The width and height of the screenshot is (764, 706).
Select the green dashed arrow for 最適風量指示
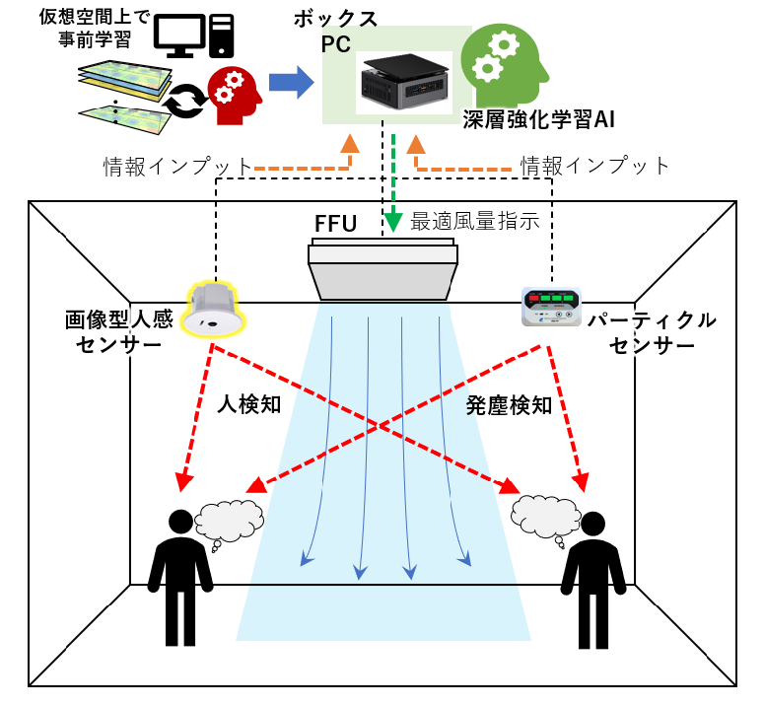(x=393, y=182)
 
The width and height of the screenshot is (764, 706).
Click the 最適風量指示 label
(x=474, y=221)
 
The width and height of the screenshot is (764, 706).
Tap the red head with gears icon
(x=234, y=93)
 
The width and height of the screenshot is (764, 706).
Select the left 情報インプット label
(x=177, y=166)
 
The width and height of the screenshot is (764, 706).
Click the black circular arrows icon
(x=182, y=103)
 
